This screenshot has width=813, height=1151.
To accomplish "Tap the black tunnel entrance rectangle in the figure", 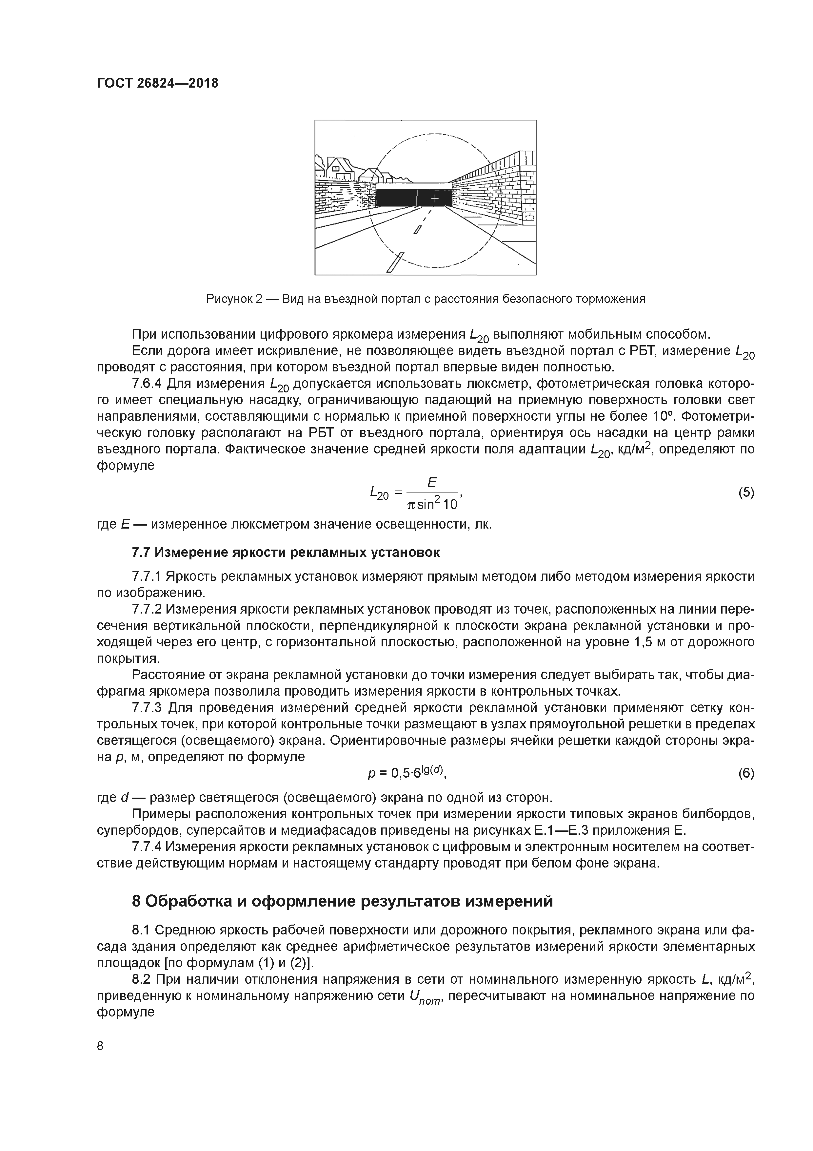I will coord(396,199).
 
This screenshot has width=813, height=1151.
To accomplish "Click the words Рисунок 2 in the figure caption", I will coord(234,299).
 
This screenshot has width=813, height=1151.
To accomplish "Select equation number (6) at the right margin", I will coord(746,774).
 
